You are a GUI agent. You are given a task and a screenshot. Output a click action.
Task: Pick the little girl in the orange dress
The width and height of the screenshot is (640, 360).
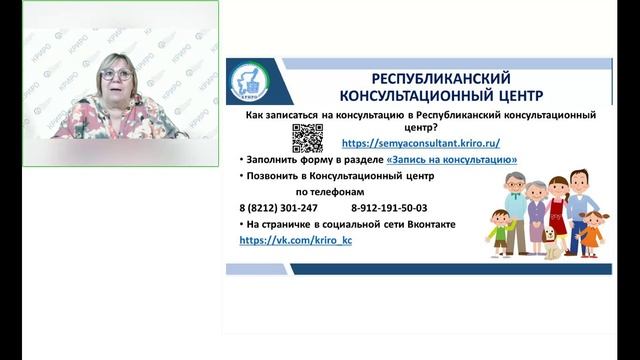(x=593, y=229)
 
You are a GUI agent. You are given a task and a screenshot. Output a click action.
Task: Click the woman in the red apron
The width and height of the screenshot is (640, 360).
(x=563, y=205)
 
